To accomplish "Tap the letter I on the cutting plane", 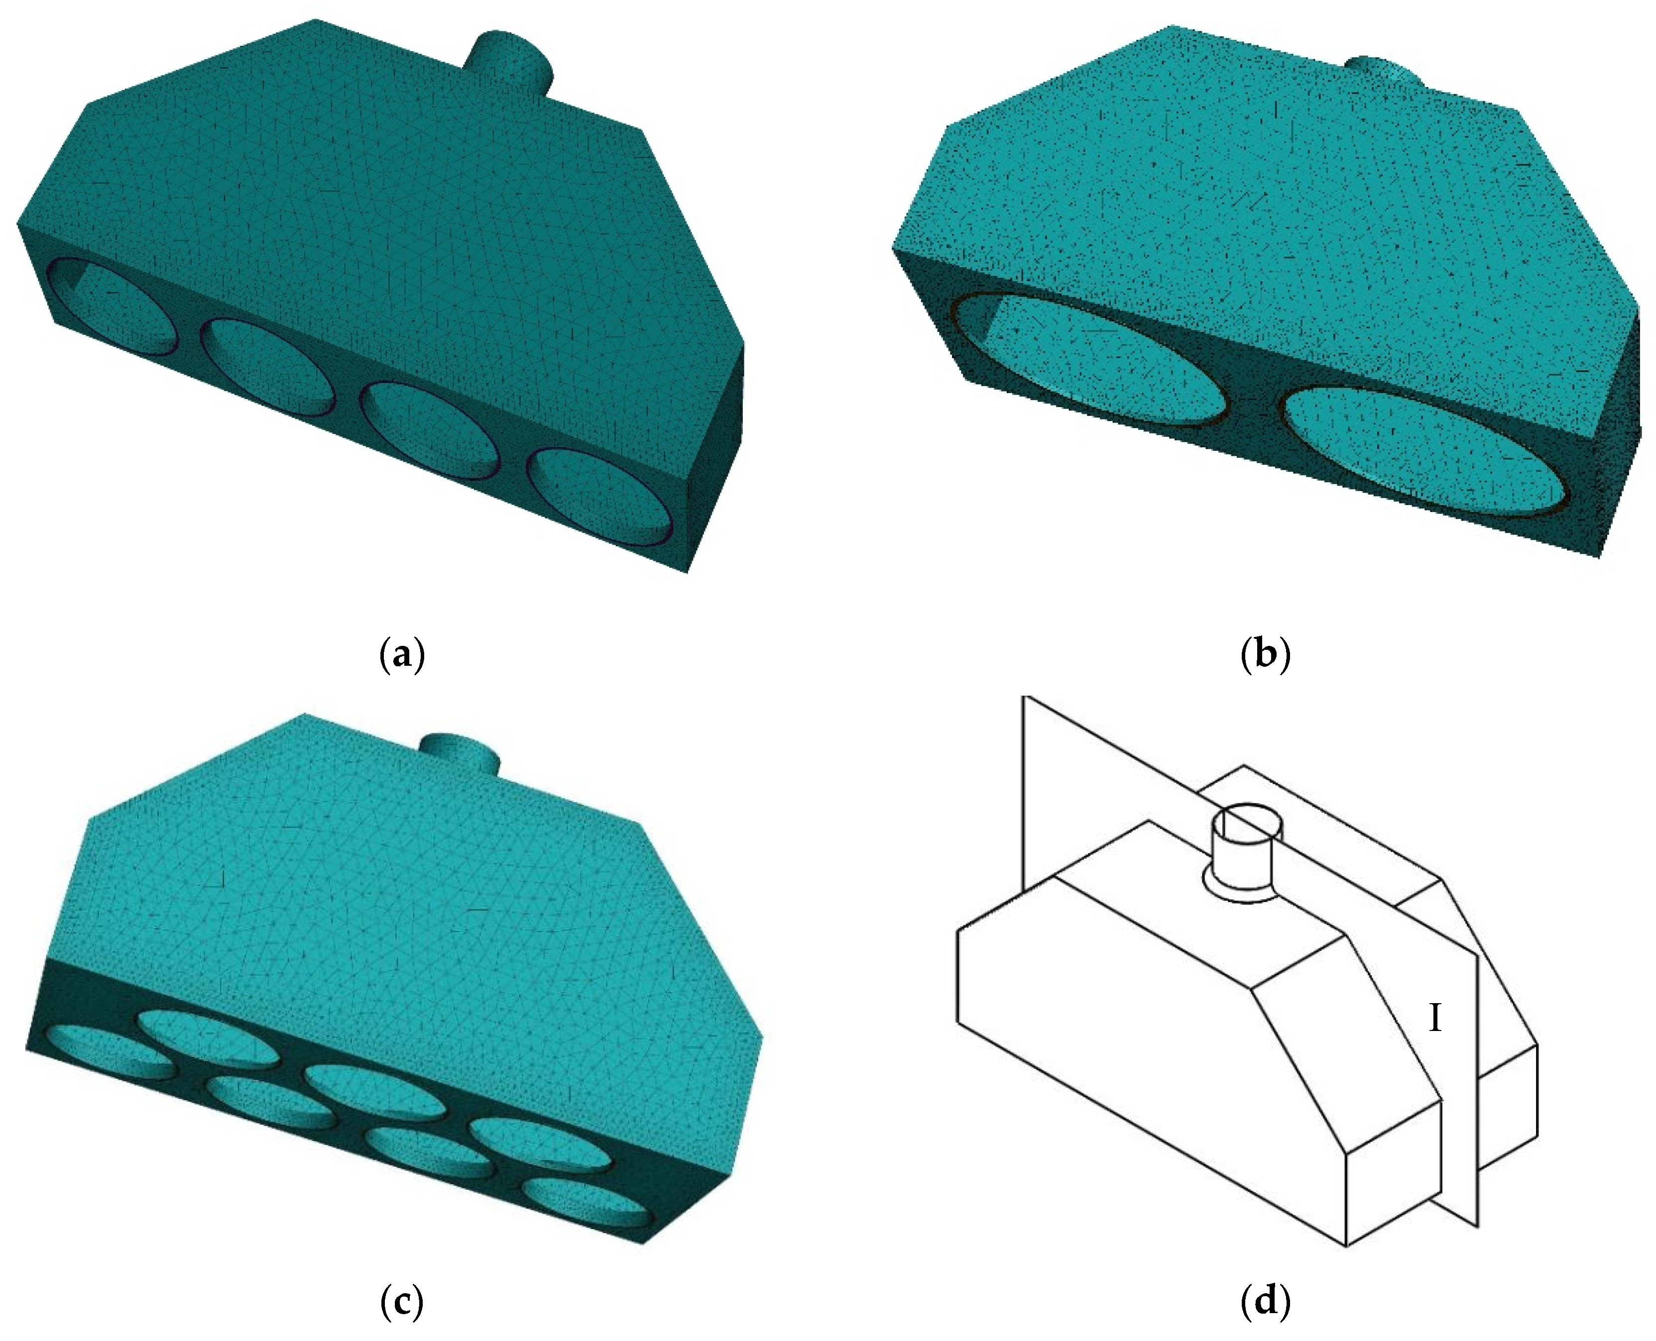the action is (x=1435, y=1020).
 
